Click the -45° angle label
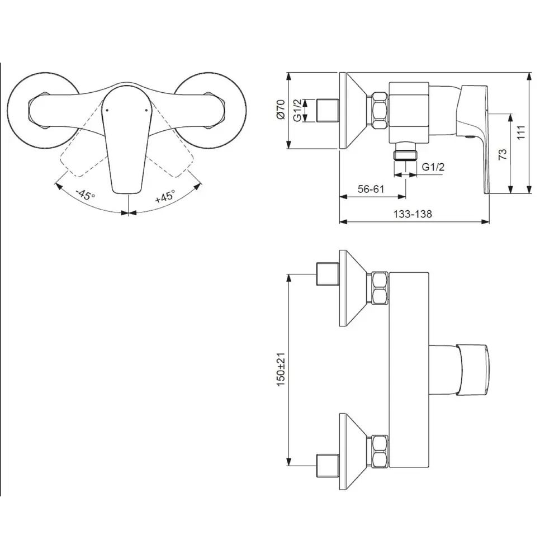coord(86,196)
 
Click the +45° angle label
coord(165,197)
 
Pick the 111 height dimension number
coord(521,132)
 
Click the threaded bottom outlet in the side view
coord(406,153)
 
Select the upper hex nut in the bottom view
coord(378,287)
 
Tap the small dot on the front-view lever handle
coord(105,112)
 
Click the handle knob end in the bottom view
coord(474,368)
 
